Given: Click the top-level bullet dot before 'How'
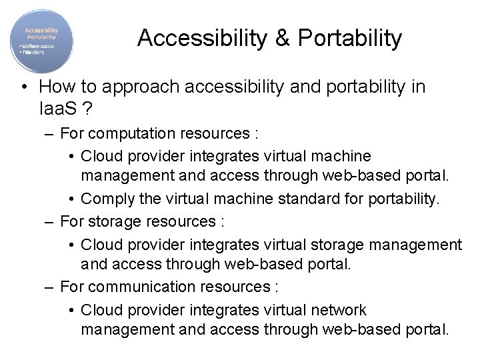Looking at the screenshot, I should pos(24,87).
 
